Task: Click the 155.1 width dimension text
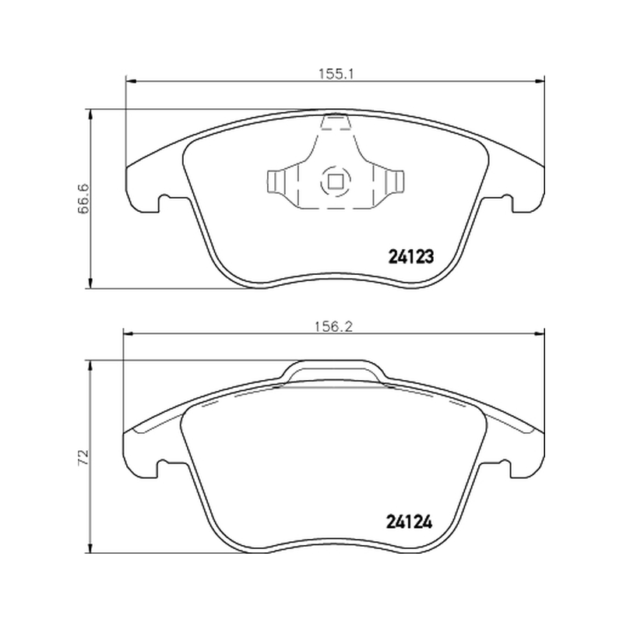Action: (x=336, y=74)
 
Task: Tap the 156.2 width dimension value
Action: (x=334, y=326)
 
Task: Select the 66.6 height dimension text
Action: (x=83, y=199)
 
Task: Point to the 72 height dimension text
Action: (x=83, y=457)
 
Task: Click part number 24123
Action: (x=410, y=257)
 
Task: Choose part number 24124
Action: (x=410, y=522)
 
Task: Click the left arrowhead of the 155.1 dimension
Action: (x=131, y=83)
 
